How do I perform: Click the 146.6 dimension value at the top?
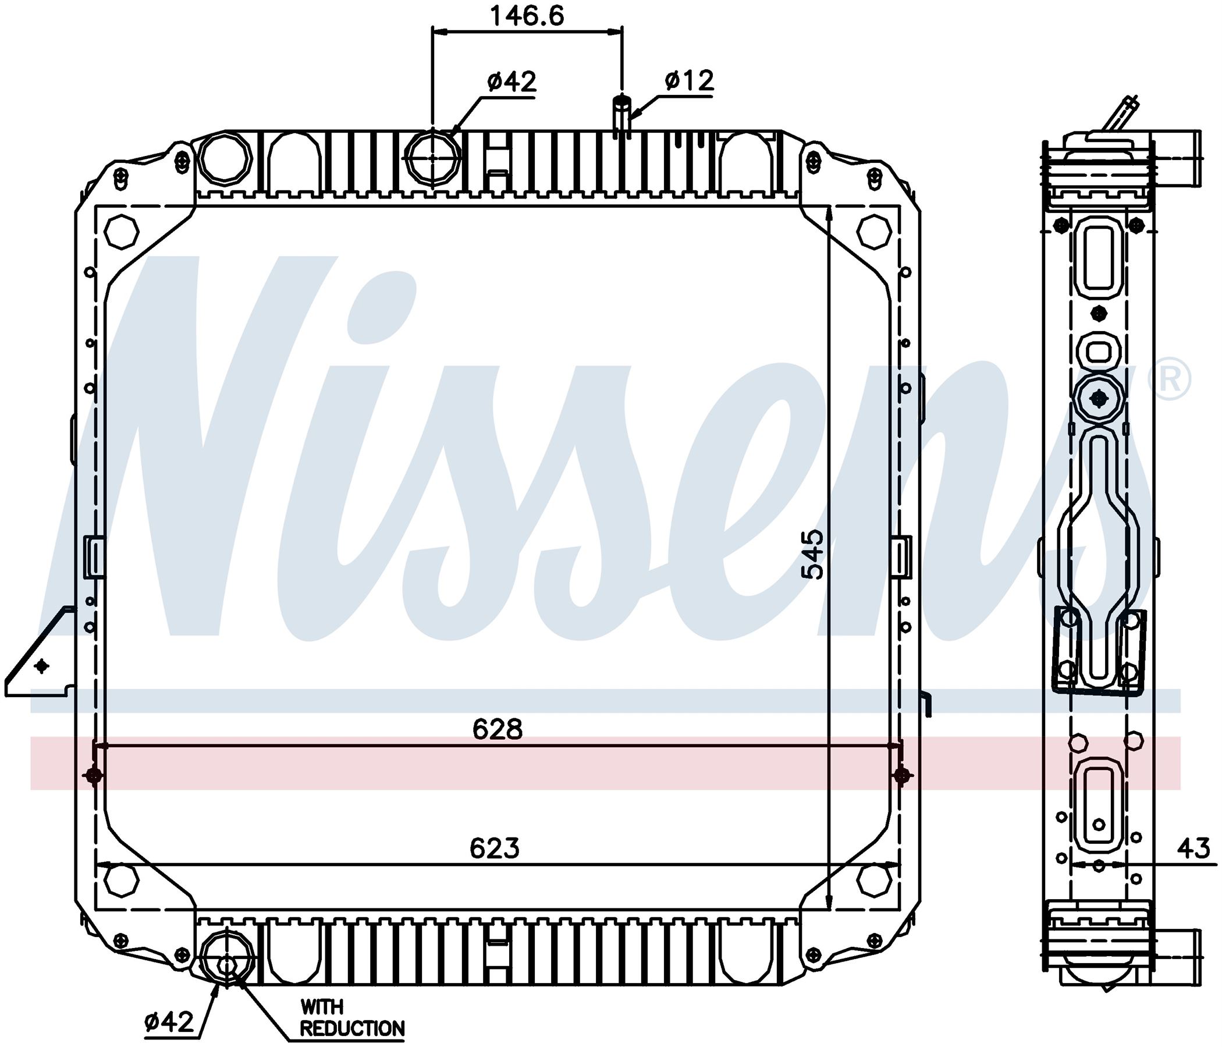click(527, 15)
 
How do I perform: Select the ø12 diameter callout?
click(689, 80)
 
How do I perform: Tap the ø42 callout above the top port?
click(512, 81)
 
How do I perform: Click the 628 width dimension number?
click(497, 730)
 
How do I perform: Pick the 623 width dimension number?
click(495, 849)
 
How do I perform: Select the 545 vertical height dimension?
click(815, 554)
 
